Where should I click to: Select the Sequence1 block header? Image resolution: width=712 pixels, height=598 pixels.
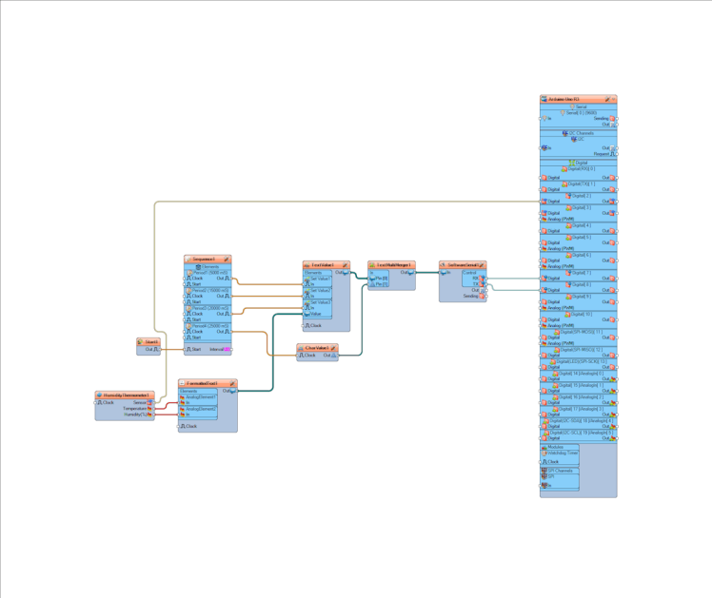pyautogui.click(x=205, y=259)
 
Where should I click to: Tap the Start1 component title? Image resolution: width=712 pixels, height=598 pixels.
pyautogui.click(x=151, y=341)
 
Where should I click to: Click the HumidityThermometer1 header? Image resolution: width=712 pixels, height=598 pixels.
pyautogui.click(x=125, y=395)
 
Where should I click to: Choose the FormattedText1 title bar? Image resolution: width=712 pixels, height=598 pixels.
pyautogui.click(x=203, y=383)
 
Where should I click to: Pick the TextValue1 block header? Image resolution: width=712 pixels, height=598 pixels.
pyautogui.click(x=324, y=265)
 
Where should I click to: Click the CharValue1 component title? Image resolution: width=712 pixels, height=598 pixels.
pyautogui.click(x=317, y=348)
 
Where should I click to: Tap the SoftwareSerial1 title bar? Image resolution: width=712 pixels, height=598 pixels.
pyautogui.click(x=462, y=265)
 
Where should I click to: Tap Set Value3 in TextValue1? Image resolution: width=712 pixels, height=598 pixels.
pyautogui.click(x=319, y=302)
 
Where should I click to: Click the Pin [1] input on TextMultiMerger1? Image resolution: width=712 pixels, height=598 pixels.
pyautogui.click(x=381, y=283)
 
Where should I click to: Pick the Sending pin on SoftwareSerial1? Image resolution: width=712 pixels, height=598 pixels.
pyautogui.click(x=471, y=297)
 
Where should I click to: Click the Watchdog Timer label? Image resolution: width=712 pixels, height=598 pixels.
pyautogui.click(x=561, y=453)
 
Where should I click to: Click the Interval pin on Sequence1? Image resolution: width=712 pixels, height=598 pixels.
pyautogui.click(x=218, y=349)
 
